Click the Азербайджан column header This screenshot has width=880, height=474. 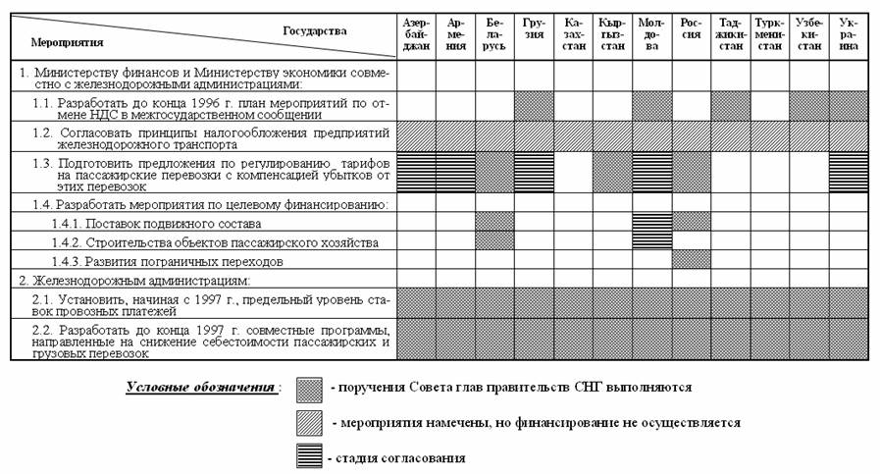[415, 34]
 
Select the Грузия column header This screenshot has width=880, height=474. [534, 34]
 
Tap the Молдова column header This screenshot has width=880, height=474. [651, 34]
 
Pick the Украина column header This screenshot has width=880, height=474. [849, 34]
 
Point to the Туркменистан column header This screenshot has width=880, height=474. [769, 34]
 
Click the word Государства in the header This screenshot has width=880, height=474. [315, 30]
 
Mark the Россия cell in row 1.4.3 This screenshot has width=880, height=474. [691, 260]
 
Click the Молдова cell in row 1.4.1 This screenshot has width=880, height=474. [651, 222]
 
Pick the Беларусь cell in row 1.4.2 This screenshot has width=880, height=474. [494, 240]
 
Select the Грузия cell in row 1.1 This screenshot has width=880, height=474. [534, 106]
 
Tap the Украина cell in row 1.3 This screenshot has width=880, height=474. [849, 173]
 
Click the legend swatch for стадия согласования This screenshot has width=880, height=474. [312, 457]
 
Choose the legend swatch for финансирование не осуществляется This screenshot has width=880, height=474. [312, 423]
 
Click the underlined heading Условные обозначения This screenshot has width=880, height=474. [200, 388]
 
